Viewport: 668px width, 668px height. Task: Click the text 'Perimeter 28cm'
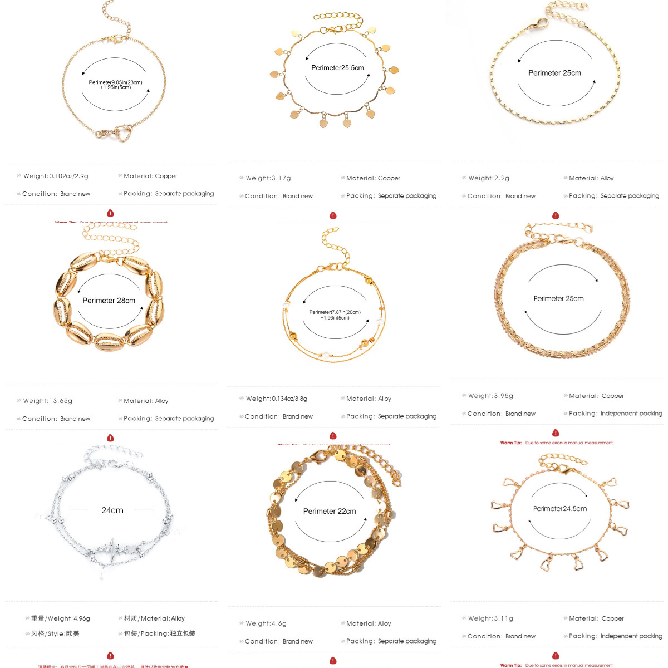click(x=109, y=301)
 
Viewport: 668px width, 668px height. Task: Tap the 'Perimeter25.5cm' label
click(x=337, y=68)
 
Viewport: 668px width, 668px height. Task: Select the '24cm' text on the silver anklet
click(x=112, y=510)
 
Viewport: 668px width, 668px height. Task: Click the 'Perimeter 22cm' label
click(x=330, y=511)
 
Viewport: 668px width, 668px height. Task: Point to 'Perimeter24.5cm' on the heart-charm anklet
click(x=560, y=508)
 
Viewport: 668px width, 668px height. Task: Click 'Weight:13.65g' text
click(x=48, y=401)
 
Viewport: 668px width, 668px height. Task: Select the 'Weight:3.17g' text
click(x=268, y=178)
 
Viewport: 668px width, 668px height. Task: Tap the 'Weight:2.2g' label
click(x=489, y=178)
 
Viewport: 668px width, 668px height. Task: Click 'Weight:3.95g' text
click(x=491, y=396)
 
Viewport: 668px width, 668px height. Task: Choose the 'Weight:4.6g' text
click(x=266, y=623)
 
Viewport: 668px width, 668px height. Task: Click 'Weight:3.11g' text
click(x=491, y=618)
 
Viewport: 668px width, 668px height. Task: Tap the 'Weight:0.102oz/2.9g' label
click(x=56, y=176)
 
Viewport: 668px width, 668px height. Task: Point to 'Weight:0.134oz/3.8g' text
click(x=277, y=399)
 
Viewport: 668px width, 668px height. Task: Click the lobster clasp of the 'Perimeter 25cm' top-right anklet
click(x=539, y=24)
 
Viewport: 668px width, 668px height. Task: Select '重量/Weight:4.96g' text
click(x=61, y=618)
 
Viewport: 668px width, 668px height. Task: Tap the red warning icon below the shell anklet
click(x=110, y=438)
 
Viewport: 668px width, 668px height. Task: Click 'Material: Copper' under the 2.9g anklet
click(x=150, y=176)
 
